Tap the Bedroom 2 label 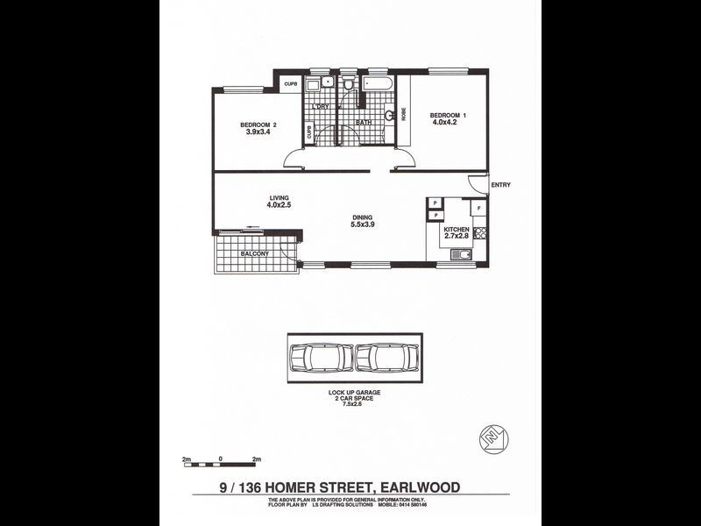[258, 124]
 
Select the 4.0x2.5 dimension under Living [279, 205]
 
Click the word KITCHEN [457, 229]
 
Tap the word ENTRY [500, 185]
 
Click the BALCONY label [254, 254]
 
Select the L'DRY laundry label [322, 106]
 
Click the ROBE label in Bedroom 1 [404, 113]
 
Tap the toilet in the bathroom [348, 84]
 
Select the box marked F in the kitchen [478, 208]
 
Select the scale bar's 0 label [222, 458]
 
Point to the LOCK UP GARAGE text [355, 392]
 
